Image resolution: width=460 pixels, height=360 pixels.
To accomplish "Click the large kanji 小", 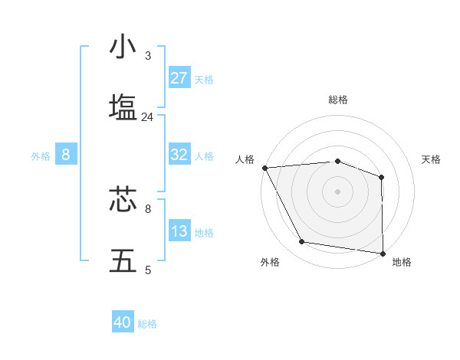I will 123,47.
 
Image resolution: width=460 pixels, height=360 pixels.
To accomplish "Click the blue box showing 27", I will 179,78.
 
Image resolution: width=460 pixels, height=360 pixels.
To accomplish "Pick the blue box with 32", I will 179,155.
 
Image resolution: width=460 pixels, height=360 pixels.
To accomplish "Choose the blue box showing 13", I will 179,231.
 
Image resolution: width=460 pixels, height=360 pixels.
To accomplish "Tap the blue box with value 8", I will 66,155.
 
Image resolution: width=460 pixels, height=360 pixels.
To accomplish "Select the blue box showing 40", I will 123,322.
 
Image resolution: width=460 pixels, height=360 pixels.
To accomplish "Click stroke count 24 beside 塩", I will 148,117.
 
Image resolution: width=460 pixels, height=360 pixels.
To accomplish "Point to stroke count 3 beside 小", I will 148,56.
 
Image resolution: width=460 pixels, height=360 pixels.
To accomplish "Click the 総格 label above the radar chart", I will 338,100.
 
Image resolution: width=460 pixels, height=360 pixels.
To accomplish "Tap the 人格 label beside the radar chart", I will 245,159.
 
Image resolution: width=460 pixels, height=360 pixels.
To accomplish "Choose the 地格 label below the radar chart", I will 402,263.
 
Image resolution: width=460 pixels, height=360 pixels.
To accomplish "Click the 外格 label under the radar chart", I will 270,263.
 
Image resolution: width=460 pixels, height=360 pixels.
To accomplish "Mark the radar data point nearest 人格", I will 264,168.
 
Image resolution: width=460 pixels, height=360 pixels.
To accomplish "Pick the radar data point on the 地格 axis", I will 383,253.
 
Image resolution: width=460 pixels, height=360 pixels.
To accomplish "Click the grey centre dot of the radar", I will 338,191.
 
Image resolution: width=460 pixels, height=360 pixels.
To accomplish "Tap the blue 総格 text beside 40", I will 147,324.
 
